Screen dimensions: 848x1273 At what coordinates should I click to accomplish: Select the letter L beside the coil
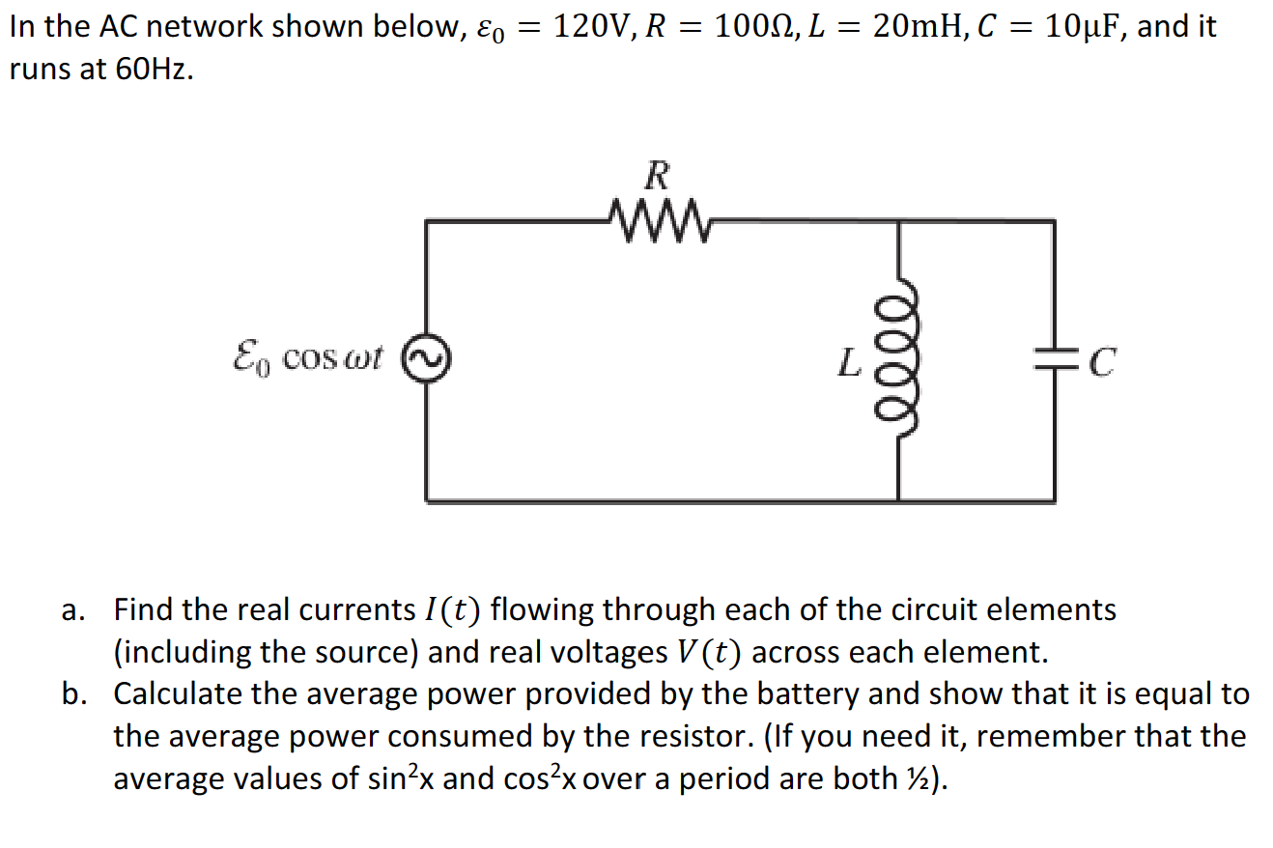(846, 364)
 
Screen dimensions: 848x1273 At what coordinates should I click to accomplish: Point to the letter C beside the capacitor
(1103, 364)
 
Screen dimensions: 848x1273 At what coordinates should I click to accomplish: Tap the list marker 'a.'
(73, 610)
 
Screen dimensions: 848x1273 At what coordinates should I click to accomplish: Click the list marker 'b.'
(74, 694)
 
